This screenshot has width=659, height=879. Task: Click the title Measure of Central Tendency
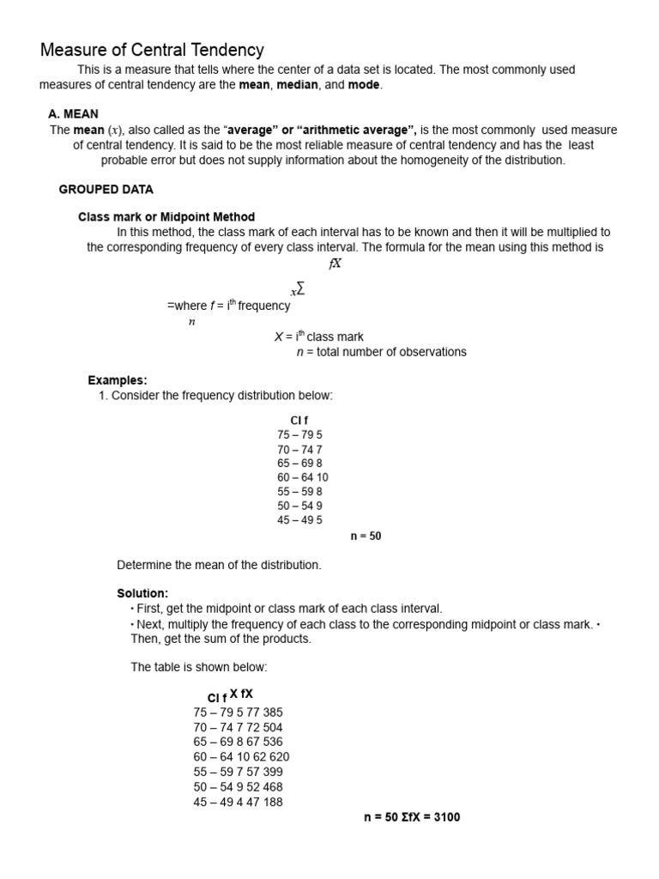point(152,51)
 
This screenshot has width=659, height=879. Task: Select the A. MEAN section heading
point(73,113)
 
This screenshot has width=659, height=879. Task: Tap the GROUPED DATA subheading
point(106,189)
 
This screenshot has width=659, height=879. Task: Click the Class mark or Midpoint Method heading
point(166,217)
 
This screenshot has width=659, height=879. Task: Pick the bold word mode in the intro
point(364,85)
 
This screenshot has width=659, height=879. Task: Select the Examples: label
point(118,380)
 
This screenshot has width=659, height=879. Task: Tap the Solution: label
point(142,593)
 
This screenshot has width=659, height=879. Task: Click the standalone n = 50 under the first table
point(366,536)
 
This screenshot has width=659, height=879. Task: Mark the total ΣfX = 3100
point(431,817)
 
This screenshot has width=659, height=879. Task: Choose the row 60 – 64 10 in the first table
point(302,477)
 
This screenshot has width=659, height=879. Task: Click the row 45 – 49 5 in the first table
point(299,520)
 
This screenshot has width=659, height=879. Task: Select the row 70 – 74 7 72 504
point(238,727)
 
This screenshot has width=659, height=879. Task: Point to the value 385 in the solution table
point(272,712)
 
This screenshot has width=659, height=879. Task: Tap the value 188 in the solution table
point(272,802)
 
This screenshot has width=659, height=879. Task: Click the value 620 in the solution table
point(278,757)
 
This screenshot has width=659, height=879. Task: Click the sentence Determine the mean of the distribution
point(219,565)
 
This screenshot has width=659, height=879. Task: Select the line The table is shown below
point(199,667)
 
